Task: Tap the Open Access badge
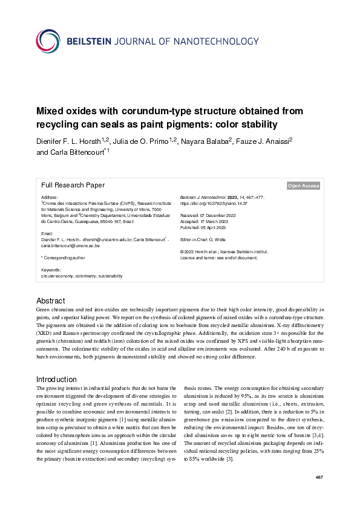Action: pos(303,186)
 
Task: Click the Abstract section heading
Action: pos(50,300)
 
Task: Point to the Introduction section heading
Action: pos(56,379)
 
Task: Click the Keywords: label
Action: pos(51,270)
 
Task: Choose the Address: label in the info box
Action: pos(50,197)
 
